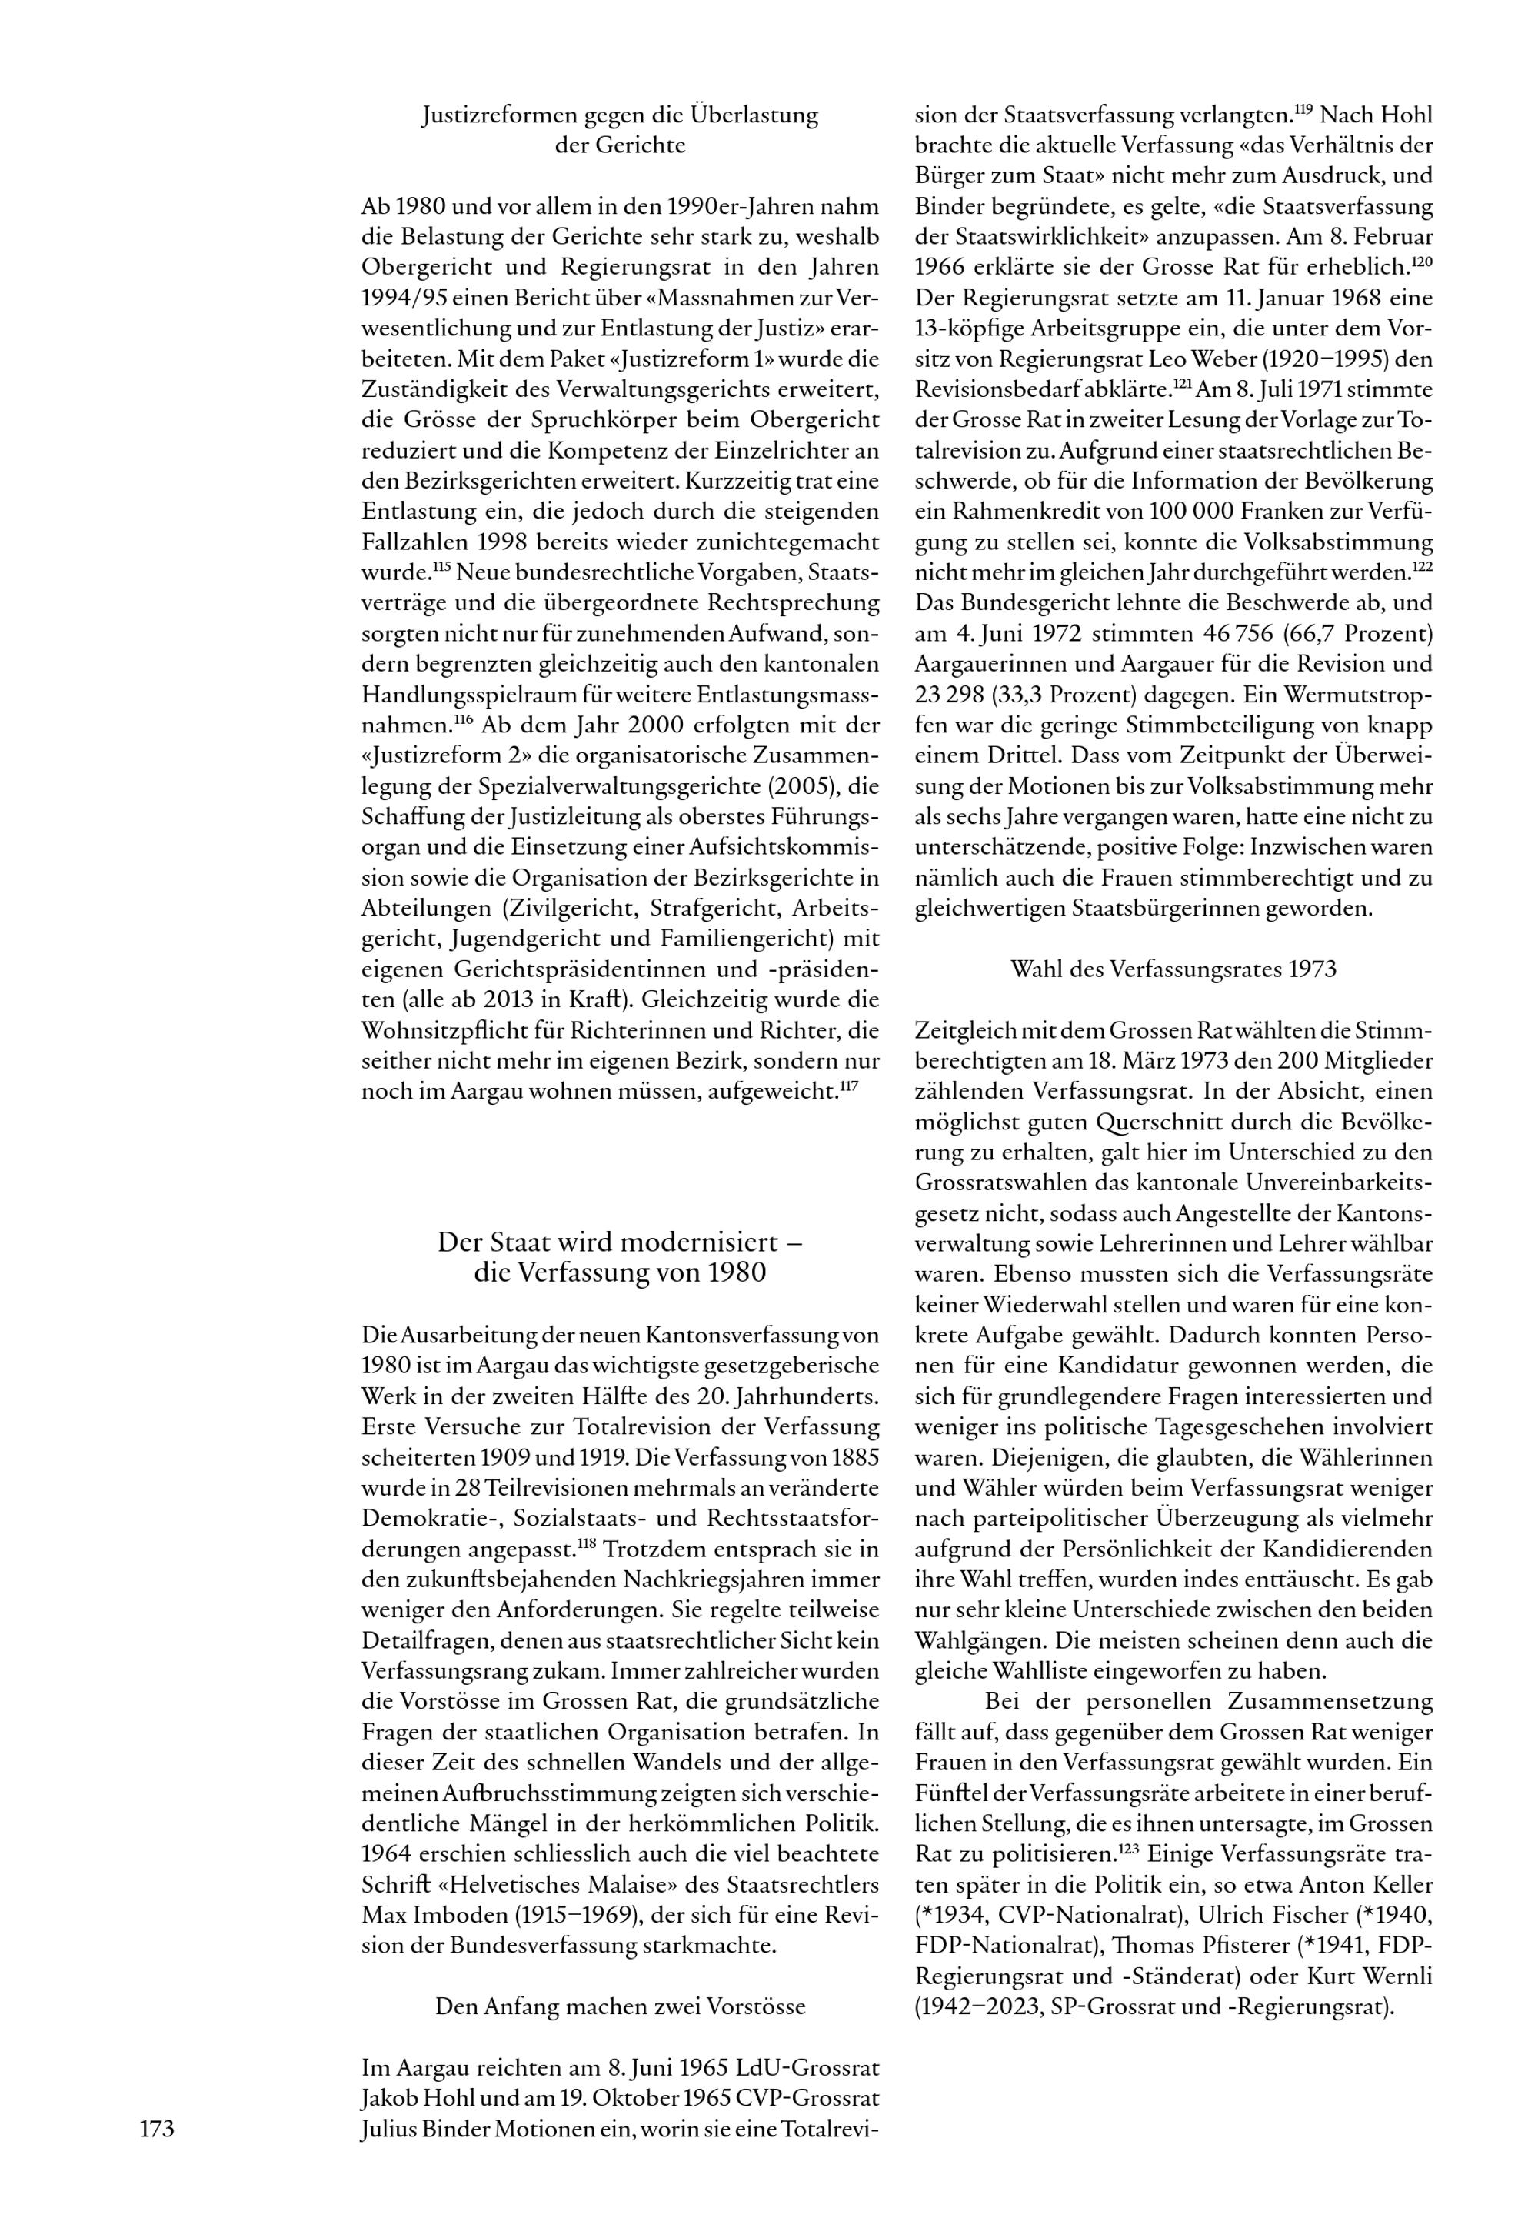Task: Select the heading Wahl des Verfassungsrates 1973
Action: tap(1173, 969)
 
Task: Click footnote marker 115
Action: tap(442, 568)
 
